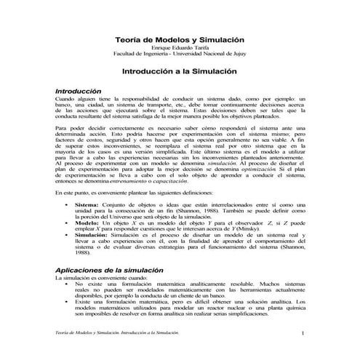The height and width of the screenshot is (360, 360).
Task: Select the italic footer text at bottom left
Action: pyautogui.click(x=116, y=332)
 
